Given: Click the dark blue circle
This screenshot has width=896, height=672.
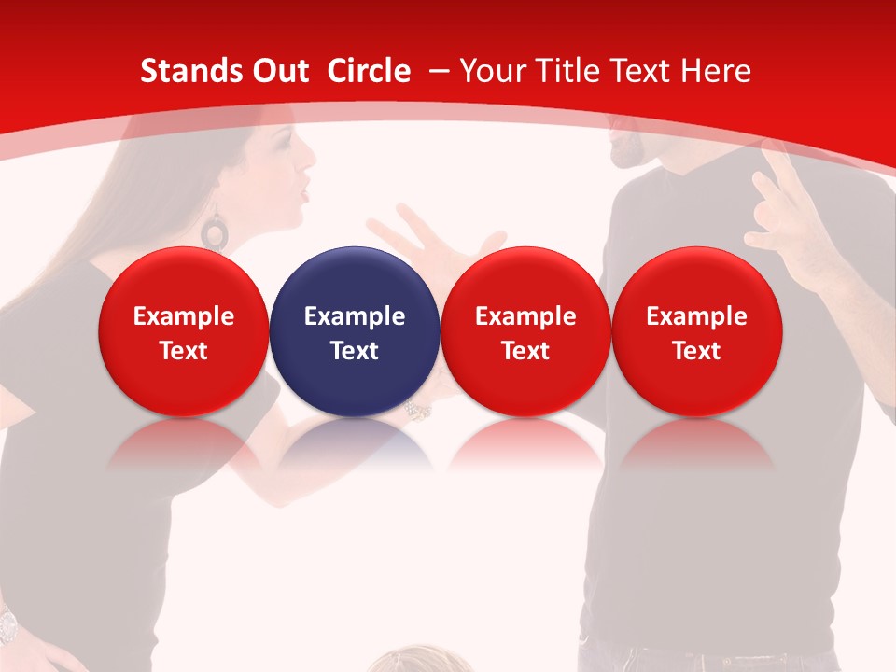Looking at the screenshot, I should (355, 331).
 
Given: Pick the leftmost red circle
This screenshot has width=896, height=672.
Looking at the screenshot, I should (184, 331).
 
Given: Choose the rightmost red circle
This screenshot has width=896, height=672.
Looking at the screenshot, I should (697, 331).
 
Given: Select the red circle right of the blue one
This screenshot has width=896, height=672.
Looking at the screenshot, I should (525, 331).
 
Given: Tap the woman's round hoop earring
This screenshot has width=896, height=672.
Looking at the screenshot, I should (216, 230).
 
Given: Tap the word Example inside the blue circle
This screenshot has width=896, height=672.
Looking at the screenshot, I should (355, 316).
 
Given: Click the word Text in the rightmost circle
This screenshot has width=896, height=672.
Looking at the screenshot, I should (697, 351).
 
